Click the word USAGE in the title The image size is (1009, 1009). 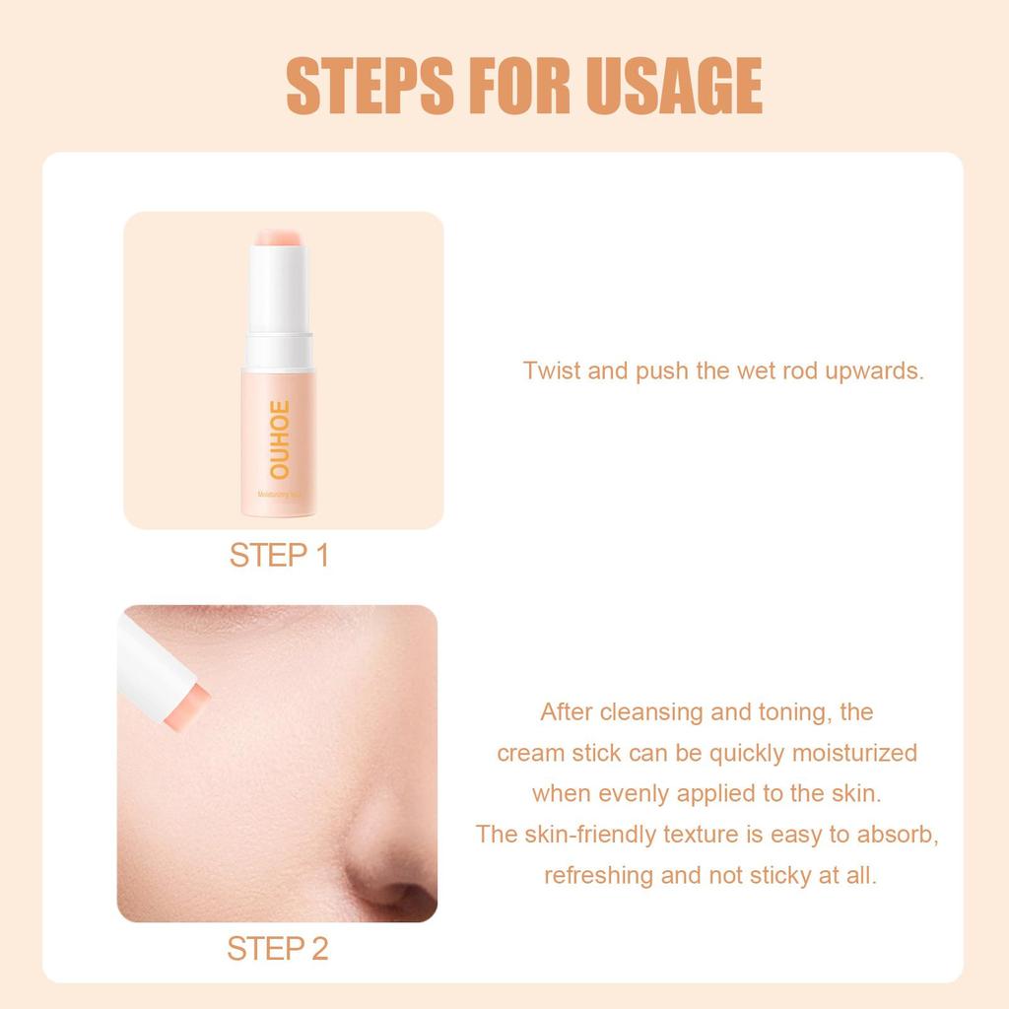(674, 87)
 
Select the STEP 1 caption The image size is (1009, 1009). (279, 556)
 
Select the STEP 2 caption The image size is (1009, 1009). (277, 949)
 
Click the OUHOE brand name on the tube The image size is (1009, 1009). (278, 439)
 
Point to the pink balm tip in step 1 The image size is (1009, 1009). (279, 236)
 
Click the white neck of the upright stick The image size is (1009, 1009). (279, 291)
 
